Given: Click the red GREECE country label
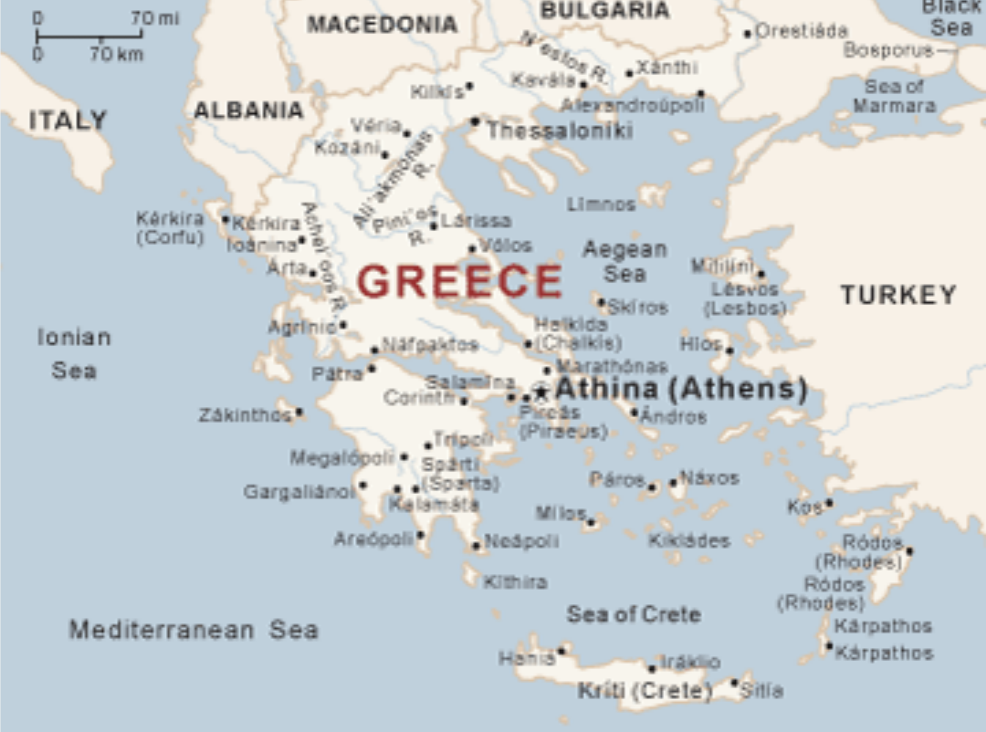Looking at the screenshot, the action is pyautogui.click(x=459, y=281).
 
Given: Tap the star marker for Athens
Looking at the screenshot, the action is pyautogui.click(x=540, y=392).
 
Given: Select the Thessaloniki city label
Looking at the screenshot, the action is pyautogui.click(x=559, y=131).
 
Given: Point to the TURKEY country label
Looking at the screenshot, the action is pyautogui.click(x=898, y=295).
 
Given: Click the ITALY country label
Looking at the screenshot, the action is pyautogui.click(x=68, y=120).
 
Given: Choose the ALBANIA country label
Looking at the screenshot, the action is pyautogui.click(x=248, y=110).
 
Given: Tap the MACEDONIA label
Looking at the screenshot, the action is pyautogui.click(x=382, y=25).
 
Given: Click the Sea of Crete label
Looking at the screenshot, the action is pyautogui.click(x=634, y=614).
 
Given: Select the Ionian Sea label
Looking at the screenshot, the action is pyautogui.click(x=74, y=354).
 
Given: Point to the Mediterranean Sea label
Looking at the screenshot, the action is pyautogui.click(x=194, y=630).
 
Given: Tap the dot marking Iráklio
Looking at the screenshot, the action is pyautogui.click(x=652, y=669).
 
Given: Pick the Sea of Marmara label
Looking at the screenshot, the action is pyautogui.click(x=894, y=96).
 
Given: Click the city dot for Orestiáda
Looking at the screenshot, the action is pyautogui.click(x=747, y=34).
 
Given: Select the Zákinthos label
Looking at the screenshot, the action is pyautogui.click(x=245, y=415).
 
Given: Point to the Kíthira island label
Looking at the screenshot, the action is pyautogui.click(x=515, y=582).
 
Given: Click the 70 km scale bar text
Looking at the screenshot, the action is pyautogui.click(x=116, y=54).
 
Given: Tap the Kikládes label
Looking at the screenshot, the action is pyautogui.click(x=689, y=540).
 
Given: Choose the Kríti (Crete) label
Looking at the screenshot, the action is pyautogui.click(x=645, y=691).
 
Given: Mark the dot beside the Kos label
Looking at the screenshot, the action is pyautogui.click(x=829, y=503).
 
